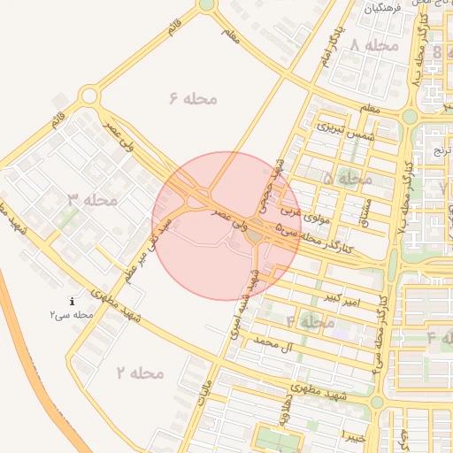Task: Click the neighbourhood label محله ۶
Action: pyautogui.click(x=193, y=98)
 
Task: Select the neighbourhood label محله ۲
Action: pyautogui.click(x=140, y=372)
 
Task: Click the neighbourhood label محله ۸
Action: pyautogui.click(x=374, y=45)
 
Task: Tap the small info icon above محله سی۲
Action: pyautogui.click(x=72, y=302)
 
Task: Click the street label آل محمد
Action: pyautogui.click(x=273, y=341)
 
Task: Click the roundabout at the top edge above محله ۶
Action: pyautogui.click(x=206, y=4)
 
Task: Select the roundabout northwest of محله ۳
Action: pyautogui.click(x=88, y=96)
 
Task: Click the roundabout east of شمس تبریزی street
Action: pyautogui.click(x=409, y=115)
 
